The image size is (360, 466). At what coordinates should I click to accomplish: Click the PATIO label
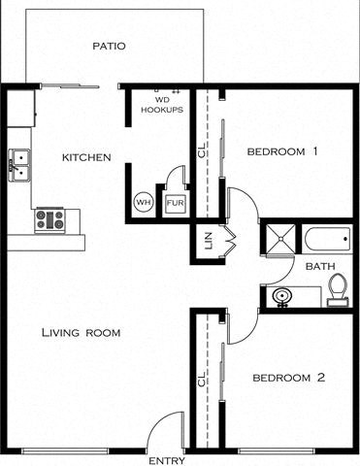click(x=109, y=46)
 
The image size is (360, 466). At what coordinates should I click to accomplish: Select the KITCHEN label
click(x=86, y=157)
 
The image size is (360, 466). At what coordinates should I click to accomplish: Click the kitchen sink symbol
click(x=19, y=165)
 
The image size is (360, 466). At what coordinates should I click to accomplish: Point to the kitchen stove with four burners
click(x=49, y=219)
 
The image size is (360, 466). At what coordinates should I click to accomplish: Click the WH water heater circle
click(x=143, y=203)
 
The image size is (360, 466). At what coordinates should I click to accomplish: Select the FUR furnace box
click(x=174, y=203)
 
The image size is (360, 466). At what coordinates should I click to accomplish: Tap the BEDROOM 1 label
click(x=282, y=151)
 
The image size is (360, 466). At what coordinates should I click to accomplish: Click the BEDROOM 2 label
click(x=288, y=378)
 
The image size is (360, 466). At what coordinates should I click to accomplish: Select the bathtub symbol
click(x=327, y=238)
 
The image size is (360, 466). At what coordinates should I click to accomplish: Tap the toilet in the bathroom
click(x=338, y=289)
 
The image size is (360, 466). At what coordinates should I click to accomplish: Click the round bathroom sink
click(x=281, y=296)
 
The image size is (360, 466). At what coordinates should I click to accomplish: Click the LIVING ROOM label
click(x=81, y=333)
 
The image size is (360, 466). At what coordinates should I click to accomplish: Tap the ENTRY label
click(x=166, y=460)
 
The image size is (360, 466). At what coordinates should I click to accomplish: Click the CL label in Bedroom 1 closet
click(x=201, y=151)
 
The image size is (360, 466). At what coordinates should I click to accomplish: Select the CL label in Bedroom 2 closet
click(x=201, y=381)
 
